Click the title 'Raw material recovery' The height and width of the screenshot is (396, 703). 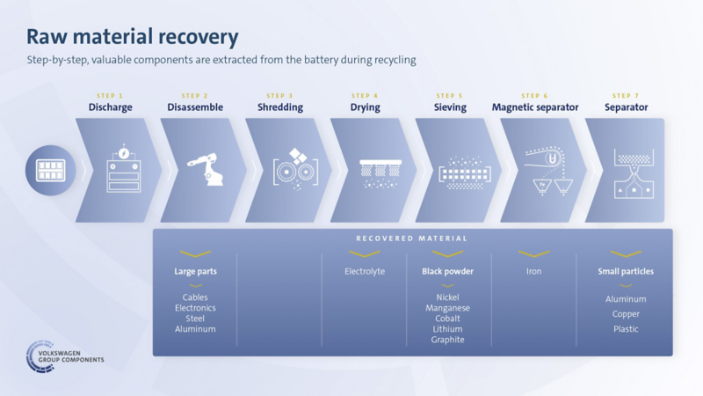[x=133, y=37]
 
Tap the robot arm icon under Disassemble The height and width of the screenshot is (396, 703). [x=205, y=169]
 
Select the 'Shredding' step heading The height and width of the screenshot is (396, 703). [x=280, y=107]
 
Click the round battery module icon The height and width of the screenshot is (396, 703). [x=50, y=170]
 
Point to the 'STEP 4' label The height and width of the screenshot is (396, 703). [x=365, y=96]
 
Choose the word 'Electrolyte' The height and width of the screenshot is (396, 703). [x=365, y=271]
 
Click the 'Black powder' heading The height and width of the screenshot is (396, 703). [x=447, y=271]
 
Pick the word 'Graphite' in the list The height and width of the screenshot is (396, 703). [x=447, y=340]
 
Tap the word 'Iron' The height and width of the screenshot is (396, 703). [x=533, y=271]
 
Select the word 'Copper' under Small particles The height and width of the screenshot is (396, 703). [x=626, y=314]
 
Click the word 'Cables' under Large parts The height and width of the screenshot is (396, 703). [x=195, y=297]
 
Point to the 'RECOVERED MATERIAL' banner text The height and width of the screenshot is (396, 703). [x=411, y=238]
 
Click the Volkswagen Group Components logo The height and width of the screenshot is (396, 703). [x=64, y=356]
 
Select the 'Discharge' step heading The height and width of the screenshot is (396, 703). [x=111, y=107]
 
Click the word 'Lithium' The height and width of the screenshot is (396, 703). [x=447, y=329]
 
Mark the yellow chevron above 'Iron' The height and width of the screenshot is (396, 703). [x=533, y=254]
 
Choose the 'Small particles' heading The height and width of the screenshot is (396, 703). [x=626, y=271]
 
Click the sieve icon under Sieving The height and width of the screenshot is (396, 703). [x=465, y=172]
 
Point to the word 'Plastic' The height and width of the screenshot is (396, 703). [x=626, y=329]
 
